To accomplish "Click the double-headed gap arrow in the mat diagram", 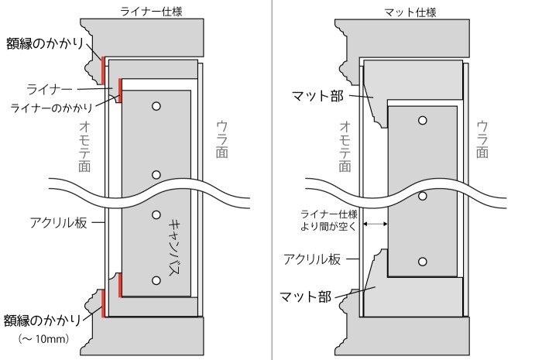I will [x=375, y=224].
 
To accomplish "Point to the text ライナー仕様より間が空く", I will [x=330, y=220].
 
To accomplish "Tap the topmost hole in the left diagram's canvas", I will [x=156, y=106].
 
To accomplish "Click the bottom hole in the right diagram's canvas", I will [x=423, y=260].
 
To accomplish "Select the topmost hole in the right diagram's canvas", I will [x=423, y=120].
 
